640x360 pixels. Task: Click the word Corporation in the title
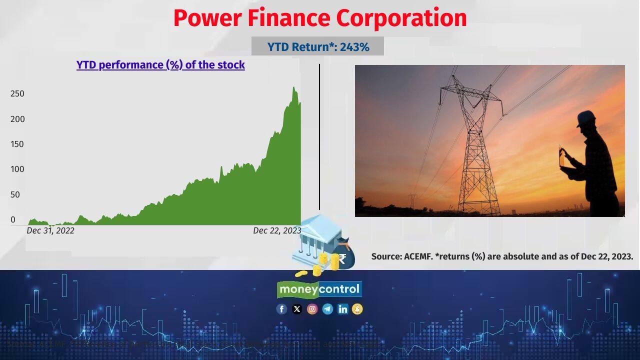tap(401, 18)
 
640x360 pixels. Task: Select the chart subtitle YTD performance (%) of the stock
tap(160, 64)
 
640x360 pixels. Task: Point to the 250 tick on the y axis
tap(17, 93)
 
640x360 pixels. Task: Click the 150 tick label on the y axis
tap(17, 144)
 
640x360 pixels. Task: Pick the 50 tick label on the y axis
tap(15, 194)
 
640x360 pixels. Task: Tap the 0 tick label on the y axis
tap(13, 219)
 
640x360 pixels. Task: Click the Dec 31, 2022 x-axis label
tap(50, 230)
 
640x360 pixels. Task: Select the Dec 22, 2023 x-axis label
tap(277, 230)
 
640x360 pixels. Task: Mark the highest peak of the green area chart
tap(294, 88)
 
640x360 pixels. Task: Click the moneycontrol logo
tap(319, 289)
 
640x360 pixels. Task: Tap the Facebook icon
tap(281, 309)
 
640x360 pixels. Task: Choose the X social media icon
tap(297, 309)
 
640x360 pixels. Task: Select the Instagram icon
tap(312, 309)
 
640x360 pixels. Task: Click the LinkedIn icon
tap(342, 309)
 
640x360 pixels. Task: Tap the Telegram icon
tap(327, 309)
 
